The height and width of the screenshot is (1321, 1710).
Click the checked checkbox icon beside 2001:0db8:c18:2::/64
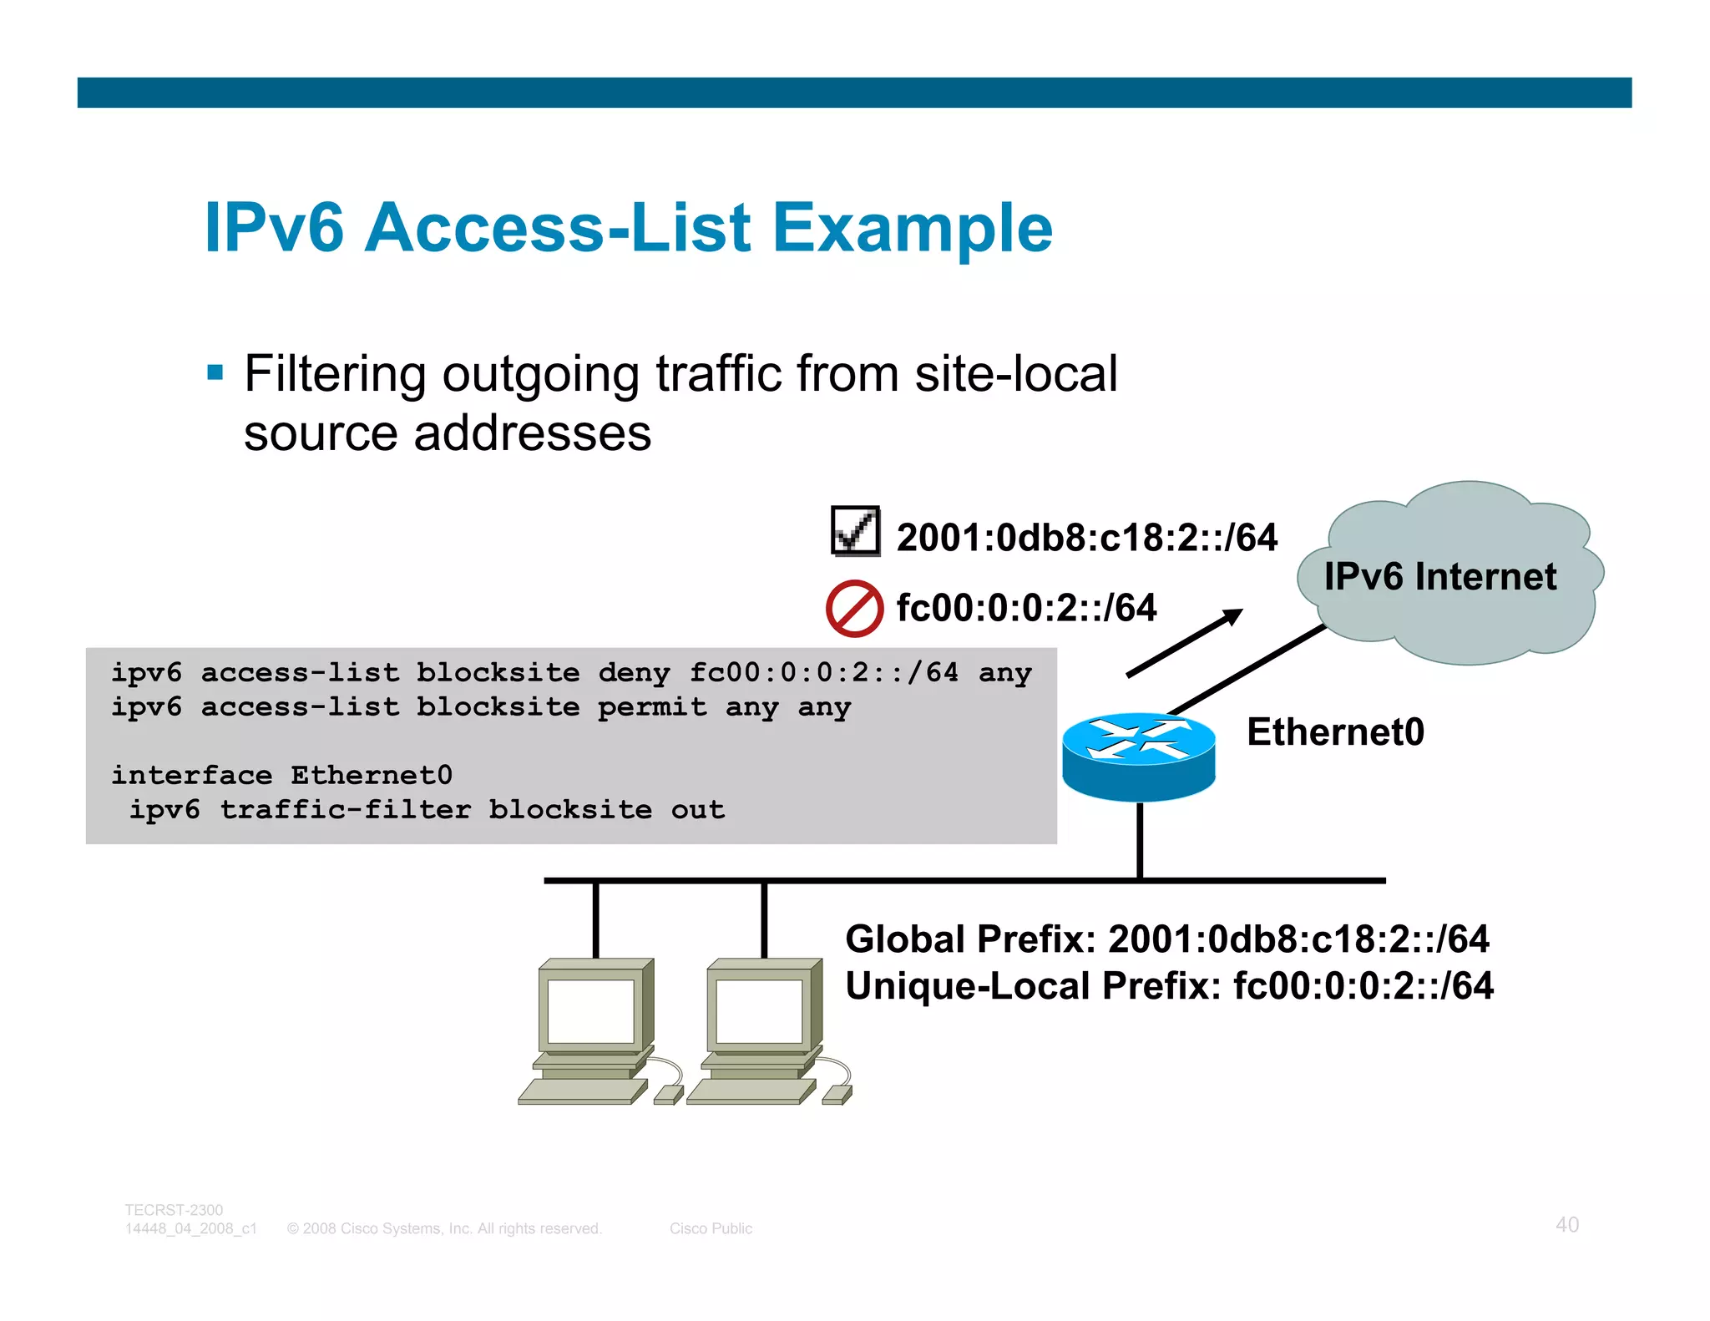[x=855, y=531]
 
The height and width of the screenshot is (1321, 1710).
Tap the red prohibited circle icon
[x=854, y=608]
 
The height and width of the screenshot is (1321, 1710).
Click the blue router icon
[x=1138, y=756]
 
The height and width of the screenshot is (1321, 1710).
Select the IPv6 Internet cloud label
[x=1439, y=576]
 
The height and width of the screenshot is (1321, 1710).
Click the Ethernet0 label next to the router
[x=1335, y=731]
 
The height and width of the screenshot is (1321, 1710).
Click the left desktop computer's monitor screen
[x=591, y=1010]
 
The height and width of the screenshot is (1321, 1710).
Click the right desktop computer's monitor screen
[x=759, y=1010]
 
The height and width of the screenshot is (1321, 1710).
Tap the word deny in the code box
[x=634, y=673]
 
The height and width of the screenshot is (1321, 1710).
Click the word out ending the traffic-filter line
[x=697, y=810]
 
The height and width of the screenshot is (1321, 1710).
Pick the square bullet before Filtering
[x=215, y=372]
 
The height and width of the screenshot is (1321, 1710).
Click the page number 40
[x=1566, y=1224]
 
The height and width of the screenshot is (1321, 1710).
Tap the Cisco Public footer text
[x=711, y=1228]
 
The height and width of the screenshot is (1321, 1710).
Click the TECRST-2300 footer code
[x=174, y=1210]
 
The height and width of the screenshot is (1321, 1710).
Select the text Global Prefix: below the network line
[x=969, y=939]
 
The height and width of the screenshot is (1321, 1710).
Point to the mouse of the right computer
[x=837, y=1094]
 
